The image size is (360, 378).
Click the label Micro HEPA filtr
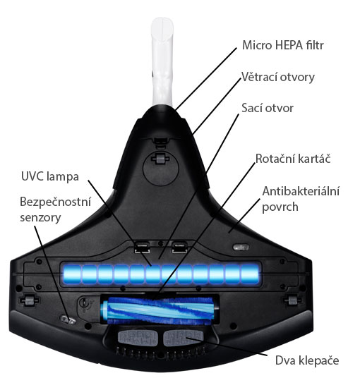pos(283,45)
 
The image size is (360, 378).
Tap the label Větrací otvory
pos(278,77)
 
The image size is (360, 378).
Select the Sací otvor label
pos(268,108)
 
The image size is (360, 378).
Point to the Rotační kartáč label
pos(293,159)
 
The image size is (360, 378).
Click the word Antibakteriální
pos(301,191)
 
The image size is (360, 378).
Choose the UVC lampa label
pos(50,176)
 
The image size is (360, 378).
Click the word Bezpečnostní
pos(56,202)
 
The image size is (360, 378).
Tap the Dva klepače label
pos(307,360)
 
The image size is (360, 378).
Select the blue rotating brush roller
pos(160,310)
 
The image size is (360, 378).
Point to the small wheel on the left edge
pos(29,300)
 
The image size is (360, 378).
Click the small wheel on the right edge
pos(292,300)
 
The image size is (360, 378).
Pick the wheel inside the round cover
pos(159,159)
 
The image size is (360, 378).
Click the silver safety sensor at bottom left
pos(68,320)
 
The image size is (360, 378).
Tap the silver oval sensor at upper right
pos(241,248)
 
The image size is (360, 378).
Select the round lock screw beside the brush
pos(85,303)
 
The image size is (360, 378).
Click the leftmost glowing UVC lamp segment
pos(72,274)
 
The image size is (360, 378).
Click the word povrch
pos(280,207)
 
